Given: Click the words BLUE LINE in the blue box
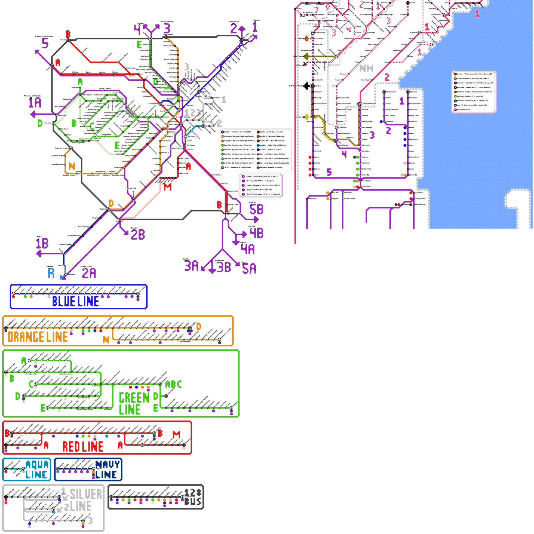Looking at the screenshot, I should coord(75,301).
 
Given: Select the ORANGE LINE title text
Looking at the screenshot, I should coord(38,337).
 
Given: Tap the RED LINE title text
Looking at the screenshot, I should coord(83,447).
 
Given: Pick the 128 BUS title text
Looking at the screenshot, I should coord(193,497).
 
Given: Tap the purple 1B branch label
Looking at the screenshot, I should coord(42,244).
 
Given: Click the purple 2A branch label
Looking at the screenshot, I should coord(89,273).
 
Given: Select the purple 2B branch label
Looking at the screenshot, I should coord(138,234).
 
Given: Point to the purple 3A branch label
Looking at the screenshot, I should coord(192,266).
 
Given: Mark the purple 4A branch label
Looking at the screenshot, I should coord(248,249).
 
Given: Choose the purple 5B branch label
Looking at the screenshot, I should coord(256,210).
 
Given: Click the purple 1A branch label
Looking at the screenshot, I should coord(35,102).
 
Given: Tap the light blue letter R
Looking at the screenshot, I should coord(51,273).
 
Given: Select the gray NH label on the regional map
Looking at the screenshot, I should coord(366,68).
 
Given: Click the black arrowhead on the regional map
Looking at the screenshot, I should coord(306,86).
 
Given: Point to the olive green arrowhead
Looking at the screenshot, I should coord(306,56).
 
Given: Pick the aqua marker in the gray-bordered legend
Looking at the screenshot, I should coord(258,145).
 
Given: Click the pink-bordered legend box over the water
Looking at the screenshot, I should coord(474,92).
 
